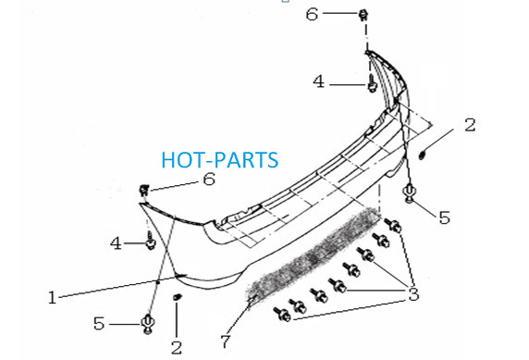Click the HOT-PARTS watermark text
coord(220,160)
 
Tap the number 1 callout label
coord(52,298)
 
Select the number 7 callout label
coord(226,341)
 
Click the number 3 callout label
coord(413,293)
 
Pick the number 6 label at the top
coord(312,14)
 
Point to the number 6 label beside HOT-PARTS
coord(209,179)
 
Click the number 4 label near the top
coord(319,81)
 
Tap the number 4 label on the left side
coord(116,243)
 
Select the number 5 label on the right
coord(444,217)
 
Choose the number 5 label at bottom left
coord(99,324)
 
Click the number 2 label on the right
coord(470,125)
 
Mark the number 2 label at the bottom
coord(177,348)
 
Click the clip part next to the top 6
coord(363,15)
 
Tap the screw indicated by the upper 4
coord(372,83)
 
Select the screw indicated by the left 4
coord(150,242)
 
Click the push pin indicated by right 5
coord(410,192)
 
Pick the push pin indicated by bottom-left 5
coord(148,324)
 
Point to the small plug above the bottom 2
coord(177,297)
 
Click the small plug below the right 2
coord(422,155)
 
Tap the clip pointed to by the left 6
coord(144,190)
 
